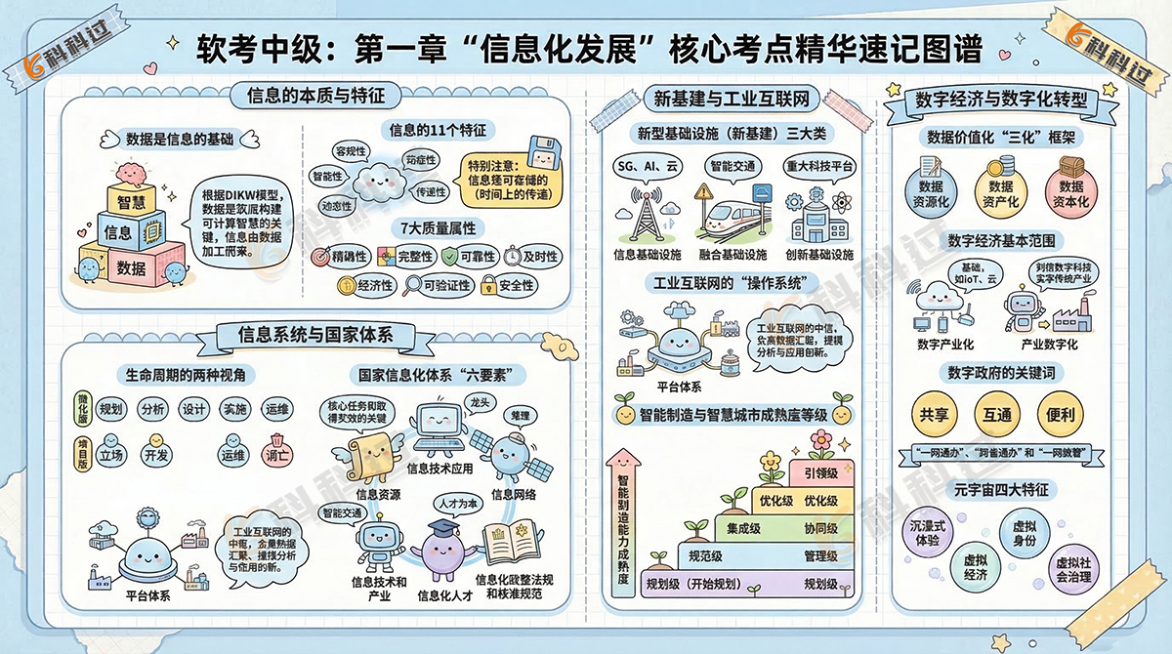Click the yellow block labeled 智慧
point(132,201)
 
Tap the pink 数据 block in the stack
point(130,266)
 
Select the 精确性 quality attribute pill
point(341,257)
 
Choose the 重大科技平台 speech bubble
point(821,166)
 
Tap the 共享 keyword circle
point(930,413)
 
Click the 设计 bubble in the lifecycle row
point(193,410)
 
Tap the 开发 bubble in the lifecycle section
point(157,454)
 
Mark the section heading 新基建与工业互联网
point(732,98)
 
